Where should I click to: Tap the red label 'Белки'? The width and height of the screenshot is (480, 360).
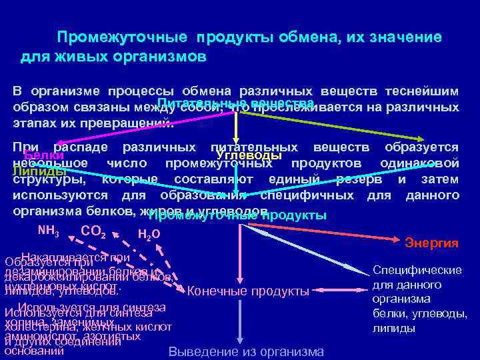pyautogui.click(x=39, y=156)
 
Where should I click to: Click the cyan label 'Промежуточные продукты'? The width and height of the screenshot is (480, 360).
pyautogui.click(x=237, y=216)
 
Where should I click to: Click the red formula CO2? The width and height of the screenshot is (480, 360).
pyautogui.click(x=93, y=233)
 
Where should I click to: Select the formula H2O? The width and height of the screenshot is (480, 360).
pyautogui.click(x=147, y=233)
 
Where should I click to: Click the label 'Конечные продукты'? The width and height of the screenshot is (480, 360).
pyautogui.click(x=248, y=291)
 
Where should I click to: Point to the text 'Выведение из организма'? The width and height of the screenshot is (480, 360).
pyautogui.click(x=247, y=352)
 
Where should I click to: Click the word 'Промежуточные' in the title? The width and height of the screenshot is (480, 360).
pyautogui.click(x=117, y=37)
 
